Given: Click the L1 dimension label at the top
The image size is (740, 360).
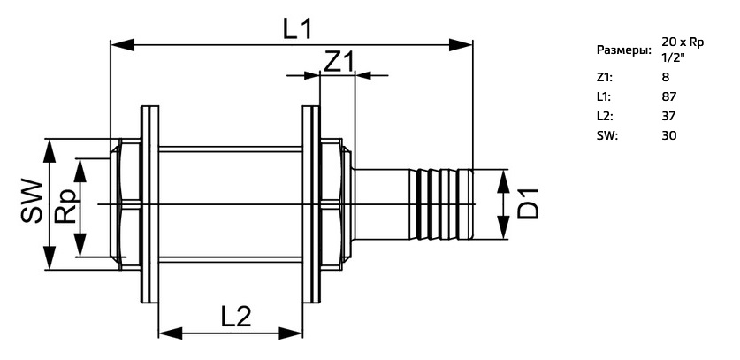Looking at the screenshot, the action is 297,28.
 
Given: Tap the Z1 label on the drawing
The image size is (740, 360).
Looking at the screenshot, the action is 339,61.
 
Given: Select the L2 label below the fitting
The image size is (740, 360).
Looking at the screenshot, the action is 236,317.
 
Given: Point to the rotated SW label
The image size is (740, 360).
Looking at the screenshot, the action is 32,201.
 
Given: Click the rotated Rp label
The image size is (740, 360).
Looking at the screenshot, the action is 66,206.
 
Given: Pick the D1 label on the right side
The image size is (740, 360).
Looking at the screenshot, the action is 528,203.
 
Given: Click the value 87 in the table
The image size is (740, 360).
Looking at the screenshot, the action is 669,96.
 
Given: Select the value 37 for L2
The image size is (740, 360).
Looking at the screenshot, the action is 669,116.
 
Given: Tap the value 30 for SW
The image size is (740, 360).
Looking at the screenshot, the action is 669,136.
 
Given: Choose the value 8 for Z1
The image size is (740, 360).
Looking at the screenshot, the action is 666,77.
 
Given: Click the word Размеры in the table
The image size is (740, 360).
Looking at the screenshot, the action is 624,50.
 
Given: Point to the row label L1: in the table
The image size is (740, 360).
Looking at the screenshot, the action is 604,96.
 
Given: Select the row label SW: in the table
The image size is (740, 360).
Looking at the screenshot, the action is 607,136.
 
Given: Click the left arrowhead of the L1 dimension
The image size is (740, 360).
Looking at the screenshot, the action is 122,45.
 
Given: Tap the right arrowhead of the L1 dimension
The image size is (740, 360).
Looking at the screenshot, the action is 461,45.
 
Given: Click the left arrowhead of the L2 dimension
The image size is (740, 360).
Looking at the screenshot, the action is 171,333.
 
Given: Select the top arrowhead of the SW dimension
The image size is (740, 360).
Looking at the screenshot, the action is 50,150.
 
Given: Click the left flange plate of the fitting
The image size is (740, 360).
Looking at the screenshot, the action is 149,204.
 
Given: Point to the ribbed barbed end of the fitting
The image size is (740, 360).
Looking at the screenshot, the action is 441,204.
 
